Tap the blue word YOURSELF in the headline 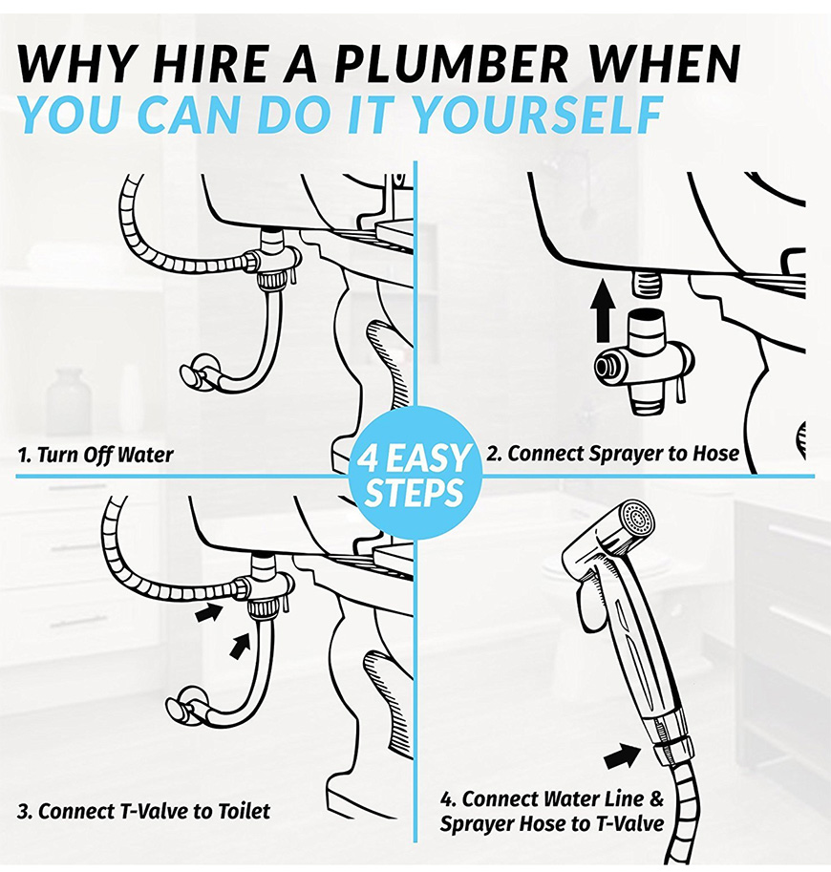pos(539,115)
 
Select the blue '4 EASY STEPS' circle pos(415,474)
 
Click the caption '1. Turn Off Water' pos(96,455)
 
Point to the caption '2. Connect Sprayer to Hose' pos(613,454)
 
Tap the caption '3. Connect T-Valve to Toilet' pos(143,811)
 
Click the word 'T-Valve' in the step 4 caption pos(629,823)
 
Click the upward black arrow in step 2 pos(603,310)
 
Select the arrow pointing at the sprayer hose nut pos(622,756)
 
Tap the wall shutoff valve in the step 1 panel pos(195,376)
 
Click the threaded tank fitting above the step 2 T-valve pos(646,285)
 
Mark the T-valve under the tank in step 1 pos(272,258)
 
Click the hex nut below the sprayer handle pos(674,743)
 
